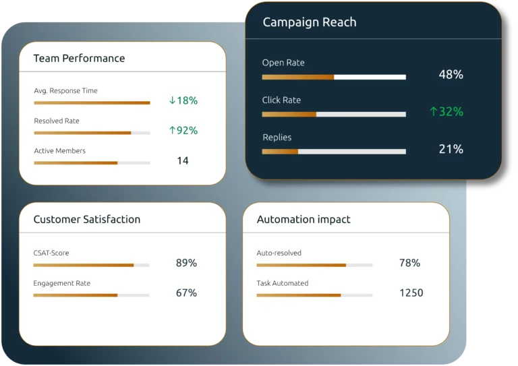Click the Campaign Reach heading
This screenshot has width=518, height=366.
pos(310,22)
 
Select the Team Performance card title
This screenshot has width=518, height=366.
pos(80,58)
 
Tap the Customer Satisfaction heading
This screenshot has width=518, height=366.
pos(87,220)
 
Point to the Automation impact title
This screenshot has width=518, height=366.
pos(304,220)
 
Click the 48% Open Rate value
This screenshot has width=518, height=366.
pos(451,75)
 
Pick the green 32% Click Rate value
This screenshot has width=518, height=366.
pos(447,111)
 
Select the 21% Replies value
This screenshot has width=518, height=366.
pos(451,149)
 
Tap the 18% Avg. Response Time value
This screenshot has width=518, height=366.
pos(183,100)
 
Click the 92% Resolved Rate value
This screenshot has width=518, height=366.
pos(183,130)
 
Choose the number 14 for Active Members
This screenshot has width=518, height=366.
pos(183,160)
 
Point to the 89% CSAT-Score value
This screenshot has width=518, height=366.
pos(186,263)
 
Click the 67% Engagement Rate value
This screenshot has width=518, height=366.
pos(186,293)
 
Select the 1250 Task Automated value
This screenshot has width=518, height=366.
pos(411,293)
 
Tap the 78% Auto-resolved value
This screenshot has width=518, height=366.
pos(409,263)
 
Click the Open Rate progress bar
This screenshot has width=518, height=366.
pos(334,77)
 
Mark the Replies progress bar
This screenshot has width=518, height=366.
pos(334,152)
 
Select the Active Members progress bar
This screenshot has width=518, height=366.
pos(92,162)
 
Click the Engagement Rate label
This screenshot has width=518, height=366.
pos(62,283)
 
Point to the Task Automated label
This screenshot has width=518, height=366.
pos(283,283)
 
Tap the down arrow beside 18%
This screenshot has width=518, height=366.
pos(172,100)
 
